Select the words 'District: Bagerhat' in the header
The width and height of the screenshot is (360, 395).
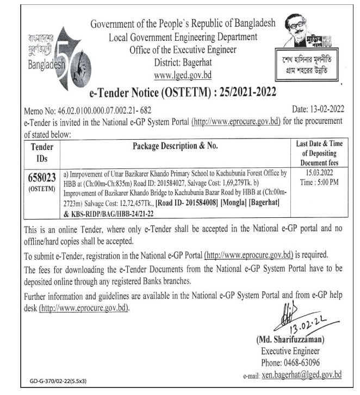(182, 62)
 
